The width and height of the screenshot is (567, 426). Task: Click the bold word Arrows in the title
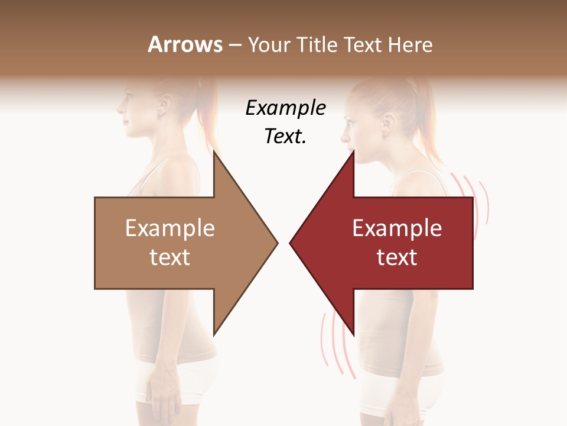185,45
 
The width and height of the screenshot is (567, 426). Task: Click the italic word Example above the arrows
285,108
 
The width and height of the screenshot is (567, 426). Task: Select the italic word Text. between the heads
285,136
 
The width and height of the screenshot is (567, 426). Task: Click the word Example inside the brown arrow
170,228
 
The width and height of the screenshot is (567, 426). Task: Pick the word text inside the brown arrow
170,257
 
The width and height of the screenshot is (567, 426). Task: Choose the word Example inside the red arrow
397,228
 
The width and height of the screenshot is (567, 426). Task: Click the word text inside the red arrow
397,257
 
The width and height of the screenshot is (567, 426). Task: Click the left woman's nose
119,109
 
